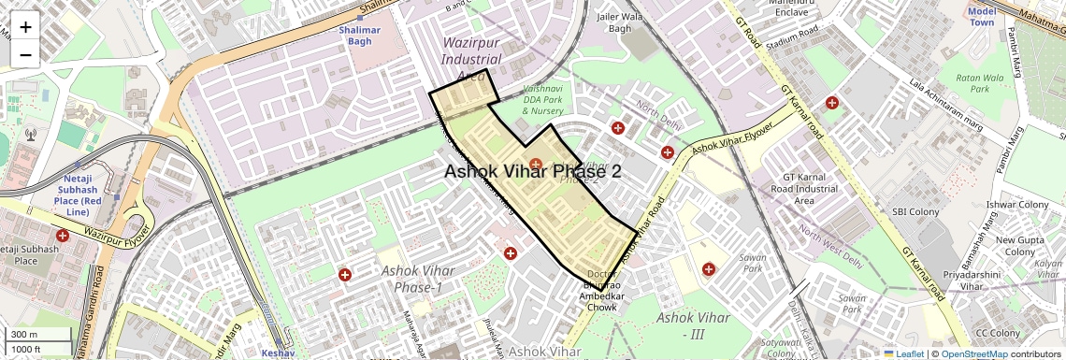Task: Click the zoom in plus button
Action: [25, 26]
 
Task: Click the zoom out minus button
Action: [25, 54]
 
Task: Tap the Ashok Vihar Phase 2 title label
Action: [532, 171]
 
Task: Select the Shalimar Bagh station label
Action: [360, 35]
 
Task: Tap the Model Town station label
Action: [982, 17]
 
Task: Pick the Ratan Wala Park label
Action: [979, 83]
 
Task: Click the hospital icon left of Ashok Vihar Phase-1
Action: [345, 275]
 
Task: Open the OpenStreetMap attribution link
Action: [973, 353]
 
